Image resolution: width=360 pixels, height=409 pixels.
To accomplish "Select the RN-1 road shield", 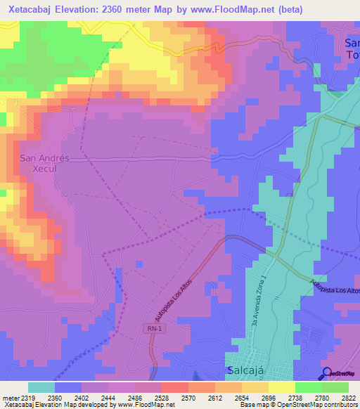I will tap(155, 328).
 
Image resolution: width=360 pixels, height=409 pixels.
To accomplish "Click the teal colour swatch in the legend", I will tap(41, 387).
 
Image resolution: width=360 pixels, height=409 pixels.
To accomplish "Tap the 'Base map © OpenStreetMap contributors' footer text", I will tap(297, 404).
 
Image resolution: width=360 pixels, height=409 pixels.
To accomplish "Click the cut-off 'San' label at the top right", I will tap(352, 44).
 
